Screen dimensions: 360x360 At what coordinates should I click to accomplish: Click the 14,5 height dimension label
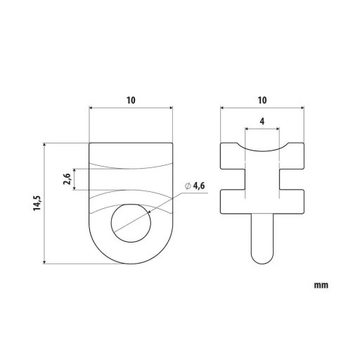click(37, 203)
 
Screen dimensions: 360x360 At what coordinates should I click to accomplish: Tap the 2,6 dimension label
click(67, 179)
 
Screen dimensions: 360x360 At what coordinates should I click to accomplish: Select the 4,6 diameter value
click(199, 186)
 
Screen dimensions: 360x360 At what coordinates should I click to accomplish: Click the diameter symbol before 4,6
click(188, 186)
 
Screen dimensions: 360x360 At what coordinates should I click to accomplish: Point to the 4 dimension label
click(262, 121)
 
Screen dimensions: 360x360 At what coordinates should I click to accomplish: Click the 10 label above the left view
click(131, 101)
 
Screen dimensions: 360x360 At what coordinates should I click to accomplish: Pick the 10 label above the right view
click(262, 101)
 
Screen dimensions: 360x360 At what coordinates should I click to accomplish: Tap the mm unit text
click(321, 285)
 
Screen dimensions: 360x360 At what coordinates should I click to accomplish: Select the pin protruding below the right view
click(262, 238)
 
